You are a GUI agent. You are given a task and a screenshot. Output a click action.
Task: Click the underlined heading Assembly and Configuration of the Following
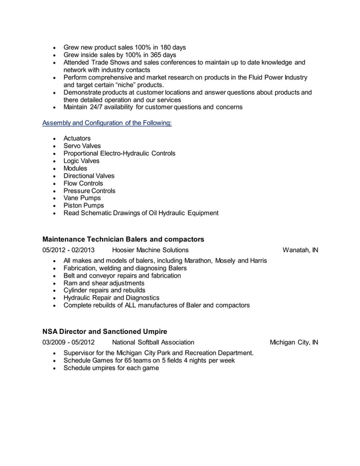click(107, 122)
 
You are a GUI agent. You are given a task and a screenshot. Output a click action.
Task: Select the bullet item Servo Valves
click(82, 146)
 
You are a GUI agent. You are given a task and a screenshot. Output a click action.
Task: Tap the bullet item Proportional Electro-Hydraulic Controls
click(119, 153)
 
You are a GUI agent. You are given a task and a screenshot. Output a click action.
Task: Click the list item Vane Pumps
click(82, 198)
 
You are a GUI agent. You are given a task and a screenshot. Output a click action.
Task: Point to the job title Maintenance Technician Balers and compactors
click(123, 239)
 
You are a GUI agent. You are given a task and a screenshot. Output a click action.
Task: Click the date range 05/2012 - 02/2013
click(68, 250)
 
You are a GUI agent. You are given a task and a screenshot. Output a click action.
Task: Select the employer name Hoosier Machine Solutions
click(150, 250)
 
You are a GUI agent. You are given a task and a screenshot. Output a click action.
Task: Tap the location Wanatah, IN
click(300, 250)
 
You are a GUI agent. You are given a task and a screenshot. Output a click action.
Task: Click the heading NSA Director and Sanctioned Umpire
click(104, 331)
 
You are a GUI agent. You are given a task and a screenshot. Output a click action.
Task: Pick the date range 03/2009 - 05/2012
click(68, 342)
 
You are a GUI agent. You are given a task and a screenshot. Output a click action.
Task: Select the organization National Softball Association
click(153, 342)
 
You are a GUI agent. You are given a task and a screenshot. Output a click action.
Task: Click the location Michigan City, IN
click(293, 342)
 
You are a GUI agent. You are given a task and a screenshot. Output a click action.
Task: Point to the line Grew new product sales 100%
click(124, 47)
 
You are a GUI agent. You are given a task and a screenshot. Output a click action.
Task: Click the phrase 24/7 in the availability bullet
click(99, 107)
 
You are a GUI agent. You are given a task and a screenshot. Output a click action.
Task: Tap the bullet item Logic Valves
click(82, 161)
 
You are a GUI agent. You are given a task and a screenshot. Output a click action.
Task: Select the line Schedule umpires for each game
click(111, 368)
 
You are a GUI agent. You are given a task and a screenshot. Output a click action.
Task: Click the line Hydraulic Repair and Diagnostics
click(111, 297)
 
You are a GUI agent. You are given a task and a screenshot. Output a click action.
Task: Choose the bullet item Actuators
click(77, 138)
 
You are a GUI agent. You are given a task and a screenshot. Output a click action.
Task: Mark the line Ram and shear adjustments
click(103, 283)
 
